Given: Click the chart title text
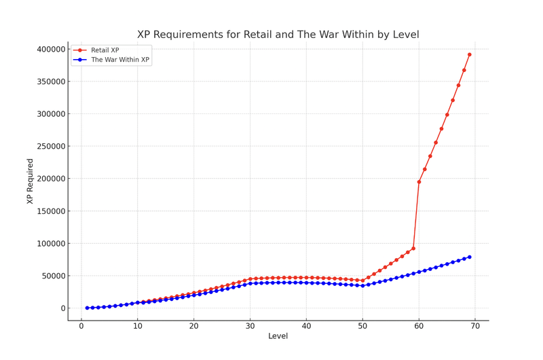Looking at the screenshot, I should point(278,35).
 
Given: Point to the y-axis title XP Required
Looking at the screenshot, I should point(31,181).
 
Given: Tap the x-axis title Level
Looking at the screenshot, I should point(278,336).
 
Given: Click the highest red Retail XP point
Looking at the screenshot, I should point(469,54).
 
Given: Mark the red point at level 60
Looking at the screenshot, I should point(419,182).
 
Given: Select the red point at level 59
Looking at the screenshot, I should point(413,249).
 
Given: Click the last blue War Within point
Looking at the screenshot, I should point(469,257).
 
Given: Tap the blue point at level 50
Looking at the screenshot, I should point(362,286).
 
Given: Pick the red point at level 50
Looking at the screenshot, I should point(362,281).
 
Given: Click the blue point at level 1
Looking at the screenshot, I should point(87,308).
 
